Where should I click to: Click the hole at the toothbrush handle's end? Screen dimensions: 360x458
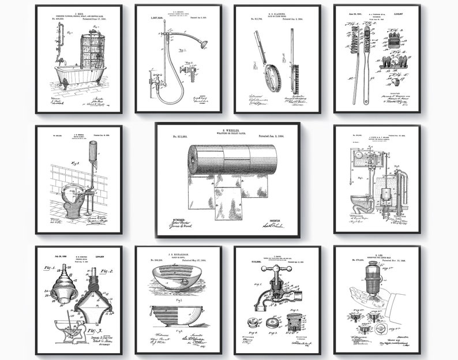[365, 101]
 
